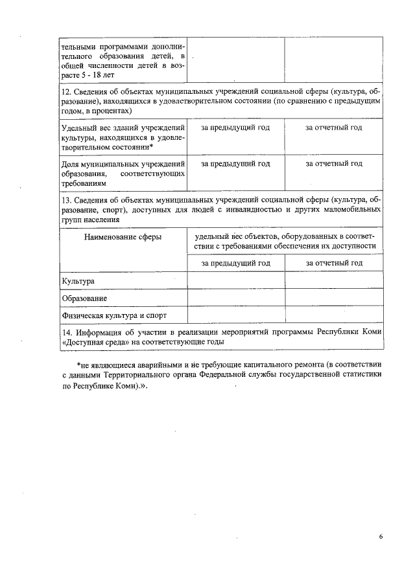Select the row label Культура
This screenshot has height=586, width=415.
point(78,281)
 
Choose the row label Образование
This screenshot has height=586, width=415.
point(84,298)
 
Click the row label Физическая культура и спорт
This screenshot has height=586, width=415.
point(114,315)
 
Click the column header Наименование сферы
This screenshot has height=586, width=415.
point(123,238)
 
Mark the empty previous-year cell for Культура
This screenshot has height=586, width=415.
point(236,280)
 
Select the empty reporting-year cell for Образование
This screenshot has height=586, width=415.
point(333,298)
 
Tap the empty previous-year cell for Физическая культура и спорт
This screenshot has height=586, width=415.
point(236,315)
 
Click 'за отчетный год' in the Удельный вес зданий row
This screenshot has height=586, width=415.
point(333,127)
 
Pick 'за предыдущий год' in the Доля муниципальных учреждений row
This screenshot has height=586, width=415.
point(235,163)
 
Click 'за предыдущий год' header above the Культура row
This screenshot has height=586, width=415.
point(235,263)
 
